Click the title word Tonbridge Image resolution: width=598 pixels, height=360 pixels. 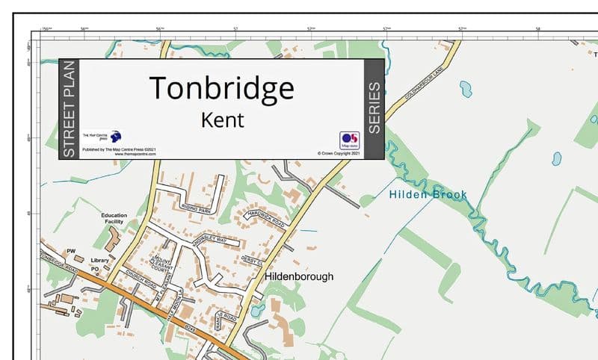(x=221, y=88)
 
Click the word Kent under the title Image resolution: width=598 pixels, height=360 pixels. (x=223, y=119)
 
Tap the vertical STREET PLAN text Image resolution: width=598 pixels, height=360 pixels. (x=69, y=108)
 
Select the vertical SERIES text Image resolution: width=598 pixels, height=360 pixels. (x=374, y=108)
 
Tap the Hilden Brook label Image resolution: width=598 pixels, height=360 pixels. (x=428, y=195)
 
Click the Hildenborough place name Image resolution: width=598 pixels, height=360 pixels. (x=299, y=276)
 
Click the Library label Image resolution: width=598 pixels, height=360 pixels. (x=100, y=261)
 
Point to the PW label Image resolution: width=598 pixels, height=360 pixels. (x=72, y=251)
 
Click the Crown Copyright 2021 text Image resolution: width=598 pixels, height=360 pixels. (x=339, y=154)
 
